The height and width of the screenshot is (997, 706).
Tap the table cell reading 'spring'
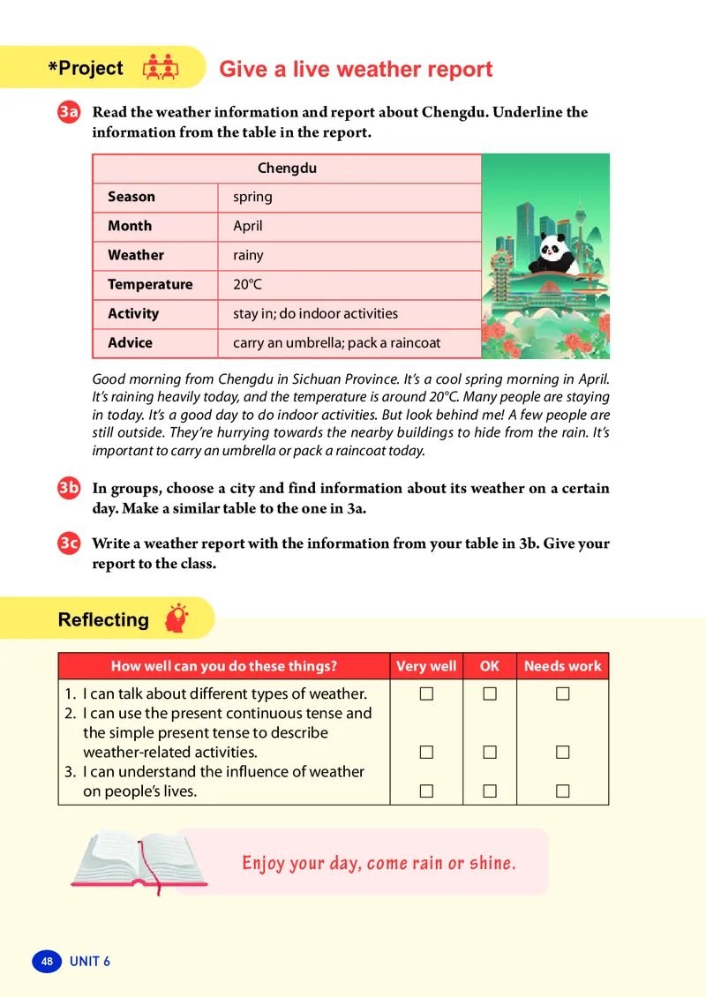point(252,197)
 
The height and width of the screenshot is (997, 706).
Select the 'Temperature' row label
point(150,284)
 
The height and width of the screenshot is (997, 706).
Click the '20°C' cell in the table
point(247,284)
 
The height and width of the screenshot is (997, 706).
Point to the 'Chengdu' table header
point(287,168)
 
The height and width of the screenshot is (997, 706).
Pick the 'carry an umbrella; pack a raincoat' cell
point(336,342)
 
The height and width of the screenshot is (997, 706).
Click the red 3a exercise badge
point(70,113)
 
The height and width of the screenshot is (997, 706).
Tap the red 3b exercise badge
point(70,489)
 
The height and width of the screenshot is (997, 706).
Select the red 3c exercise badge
point(70,544)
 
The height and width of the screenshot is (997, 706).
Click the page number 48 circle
point(47,961)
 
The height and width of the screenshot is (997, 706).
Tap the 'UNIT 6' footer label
point(90,961)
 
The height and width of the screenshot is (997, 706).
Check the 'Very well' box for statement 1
point(426,694)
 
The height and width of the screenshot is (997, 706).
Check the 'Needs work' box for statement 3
point(562,791)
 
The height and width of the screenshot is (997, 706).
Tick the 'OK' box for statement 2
point(490,753)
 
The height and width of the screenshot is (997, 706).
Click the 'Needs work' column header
point(562,666)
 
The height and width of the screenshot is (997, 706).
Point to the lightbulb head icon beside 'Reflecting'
point(177,618)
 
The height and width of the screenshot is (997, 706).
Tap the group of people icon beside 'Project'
point(160,68)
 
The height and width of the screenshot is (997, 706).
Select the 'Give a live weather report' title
point(356,69)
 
